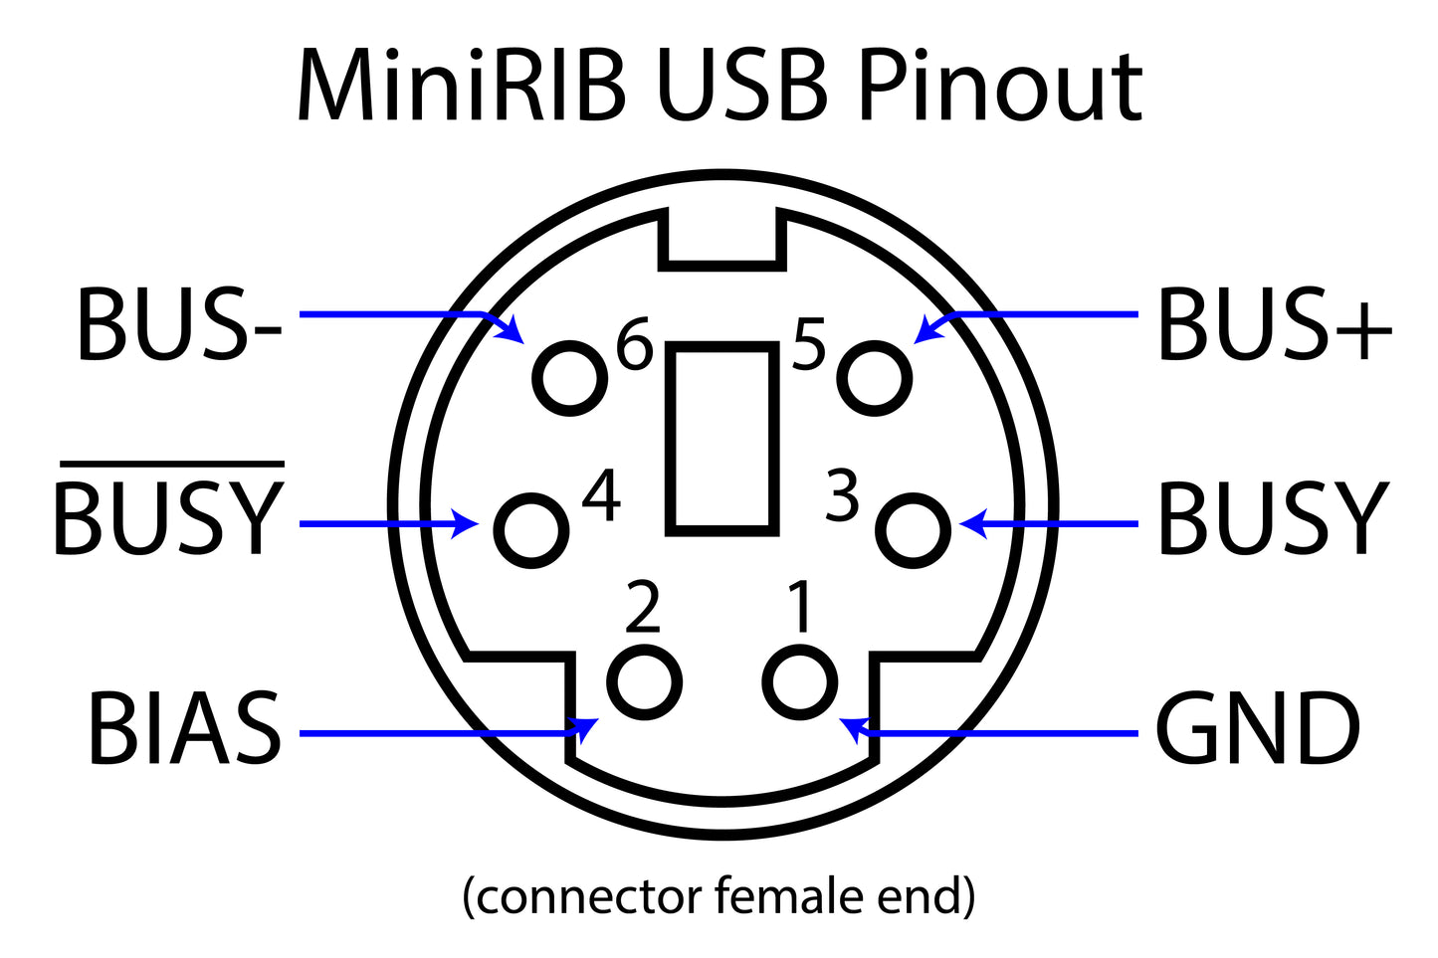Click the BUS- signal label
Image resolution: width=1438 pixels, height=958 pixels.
pos(179,324)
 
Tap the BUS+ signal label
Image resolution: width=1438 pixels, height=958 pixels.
pos(1274,324)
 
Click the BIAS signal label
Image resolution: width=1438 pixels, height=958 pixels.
pos(185,728)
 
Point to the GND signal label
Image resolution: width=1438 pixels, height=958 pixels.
pos(1258,728)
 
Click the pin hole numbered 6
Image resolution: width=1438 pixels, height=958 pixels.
pos(570,379)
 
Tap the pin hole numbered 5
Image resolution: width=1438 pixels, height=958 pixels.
pos(875,379)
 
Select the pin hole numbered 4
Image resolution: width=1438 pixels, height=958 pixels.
pos(531,530)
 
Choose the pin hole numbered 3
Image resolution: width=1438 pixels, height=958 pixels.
pos(913,530)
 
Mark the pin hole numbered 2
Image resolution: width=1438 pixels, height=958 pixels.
pos(645,682)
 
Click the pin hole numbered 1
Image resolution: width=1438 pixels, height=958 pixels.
pos(800,682)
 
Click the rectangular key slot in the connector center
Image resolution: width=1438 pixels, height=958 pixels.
pos(722,438)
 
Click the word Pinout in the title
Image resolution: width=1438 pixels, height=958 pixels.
pos(1000,88)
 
